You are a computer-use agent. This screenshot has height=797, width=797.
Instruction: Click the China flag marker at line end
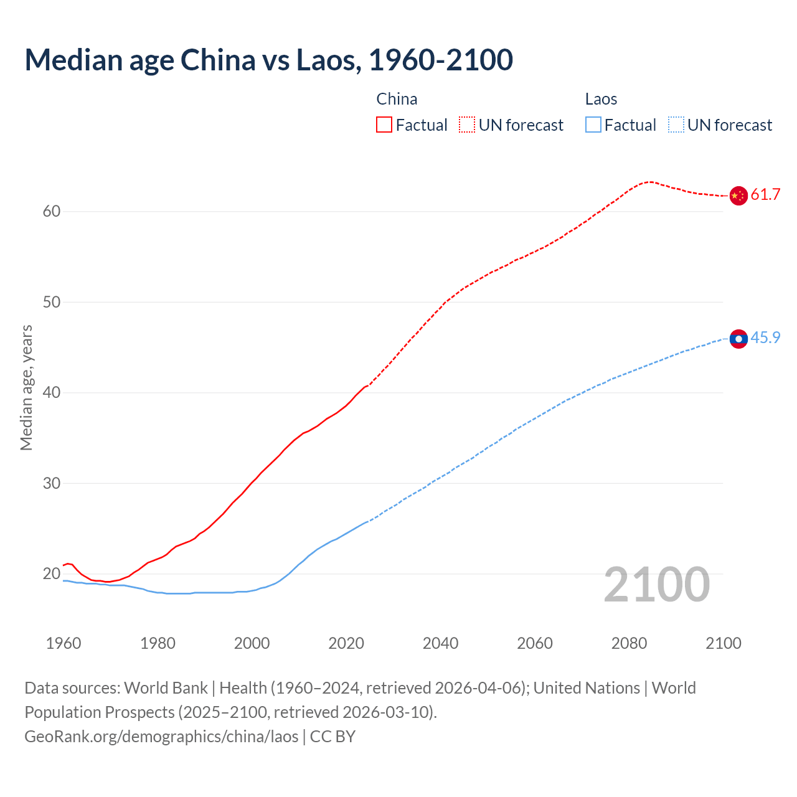click(738, 196)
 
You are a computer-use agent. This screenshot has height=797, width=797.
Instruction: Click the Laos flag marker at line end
click(738, 339)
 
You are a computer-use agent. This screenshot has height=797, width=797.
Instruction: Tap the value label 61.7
click(765, 195)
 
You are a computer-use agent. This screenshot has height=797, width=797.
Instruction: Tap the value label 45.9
click(765, 338)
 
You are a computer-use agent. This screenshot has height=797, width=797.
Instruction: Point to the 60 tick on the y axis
click(52, 212)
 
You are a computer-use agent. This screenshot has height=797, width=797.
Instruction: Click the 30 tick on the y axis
click(52, 484)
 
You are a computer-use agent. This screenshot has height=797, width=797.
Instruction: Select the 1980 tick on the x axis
click(158, 643)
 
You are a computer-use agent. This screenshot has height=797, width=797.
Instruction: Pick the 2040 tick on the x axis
click(440, 643)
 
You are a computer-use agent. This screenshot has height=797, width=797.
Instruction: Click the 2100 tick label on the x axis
click(723, 643)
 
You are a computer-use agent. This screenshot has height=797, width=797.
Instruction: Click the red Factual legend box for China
click(384, 125)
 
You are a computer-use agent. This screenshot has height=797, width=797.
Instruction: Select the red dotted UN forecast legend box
click(467, 125)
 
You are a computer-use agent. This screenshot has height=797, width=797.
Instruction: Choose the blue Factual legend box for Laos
click(593, 125)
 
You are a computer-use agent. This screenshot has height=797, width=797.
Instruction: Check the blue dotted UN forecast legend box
click(676, 125)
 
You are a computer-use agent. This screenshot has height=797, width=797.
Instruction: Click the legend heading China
click(397, 99)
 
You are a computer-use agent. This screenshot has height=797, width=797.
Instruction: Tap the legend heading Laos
click(601, 99)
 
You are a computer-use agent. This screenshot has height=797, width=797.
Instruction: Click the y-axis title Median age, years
click(26, 387)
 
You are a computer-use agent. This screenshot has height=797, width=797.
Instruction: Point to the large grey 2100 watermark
click(656, 584)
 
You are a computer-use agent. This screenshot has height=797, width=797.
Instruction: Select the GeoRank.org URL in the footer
click(161, 736)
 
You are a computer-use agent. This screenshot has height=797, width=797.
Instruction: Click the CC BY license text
click(332, 736)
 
